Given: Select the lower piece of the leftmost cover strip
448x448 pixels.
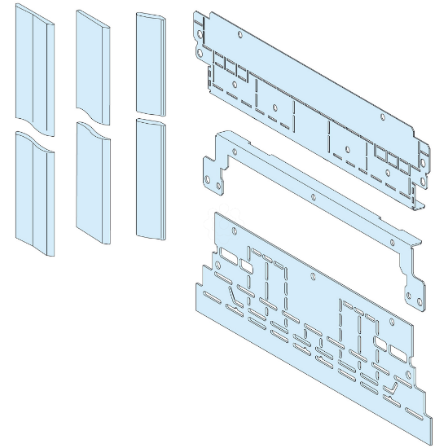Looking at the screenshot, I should [x=34, y=192].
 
